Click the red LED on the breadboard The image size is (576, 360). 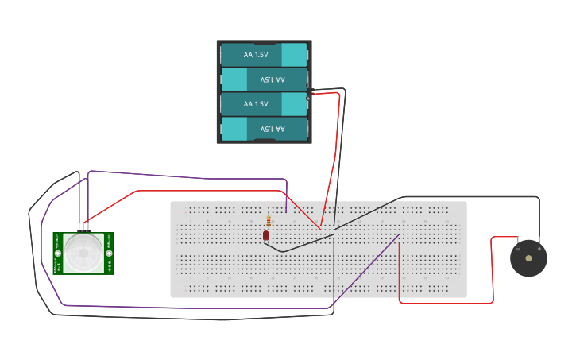(266, 234)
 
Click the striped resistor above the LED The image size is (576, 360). (269, 222)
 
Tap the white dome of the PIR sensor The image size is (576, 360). (83, 252)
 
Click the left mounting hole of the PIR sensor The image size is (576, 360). (58, 254)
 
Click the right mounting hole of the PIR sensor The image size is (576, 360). (109, 254)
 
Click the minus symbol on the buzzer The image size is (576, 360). (517, 248)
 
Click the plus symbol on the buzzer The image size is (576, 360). (540, 248)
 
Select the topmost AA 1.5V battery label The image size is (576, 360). (255, 55)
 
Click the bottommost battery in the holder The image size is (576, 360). (265, 128)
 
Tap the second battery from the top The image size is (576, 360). (265, 79)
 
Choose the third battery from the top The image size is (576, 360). (265, 104)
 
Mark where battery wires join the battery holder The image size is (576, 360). (309, 94)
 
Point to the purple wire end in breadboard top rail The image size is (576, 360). (286, 211)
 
